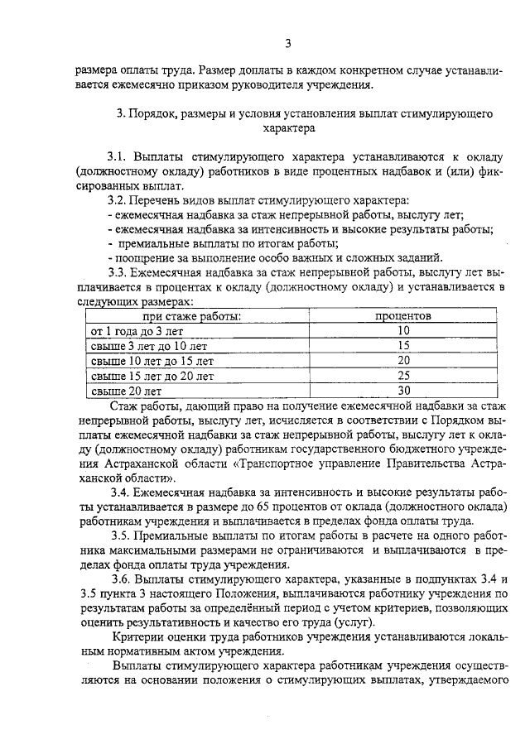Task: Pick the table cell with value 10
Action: [404, 330]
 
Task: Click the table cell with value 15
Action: [404, 345]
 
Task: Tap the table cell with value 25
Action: [404, 375]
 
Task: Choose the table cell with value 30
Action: [404, 390]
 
